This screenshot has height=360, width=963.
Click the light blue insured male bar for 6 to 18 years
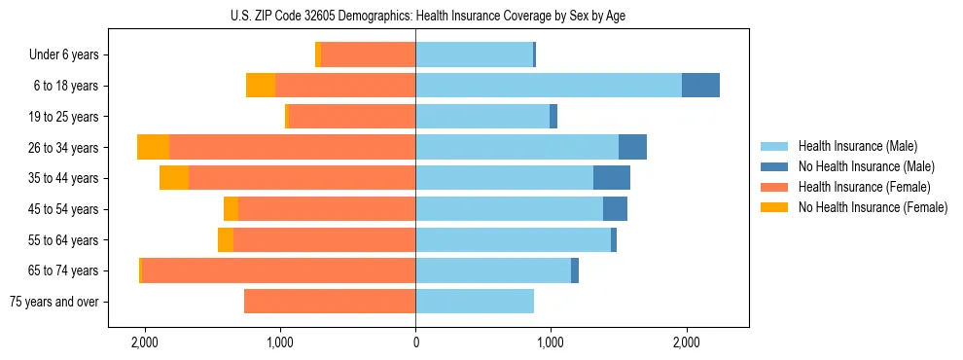click(549, 86)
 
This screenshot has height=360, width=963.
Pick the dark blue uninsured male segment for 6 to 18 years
click(700, 86)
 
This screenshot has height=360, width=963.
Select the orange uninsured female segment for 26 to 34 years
click(153, 147)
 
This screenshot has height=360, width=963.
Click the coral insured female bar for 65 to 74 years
click(278, 270)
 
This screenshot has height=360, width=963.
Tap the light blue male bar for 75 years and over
click(475, 302)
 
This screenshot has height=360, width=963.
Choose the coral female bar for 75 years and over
click(330, 302)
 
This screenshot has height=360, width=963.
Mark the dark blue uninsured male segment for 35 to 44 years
click(612, 178)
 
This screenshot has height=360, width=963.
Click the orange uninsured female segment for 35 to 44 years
click(174, 178)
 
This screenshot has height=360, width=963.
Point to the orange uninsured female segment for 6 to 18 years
click(261, 86)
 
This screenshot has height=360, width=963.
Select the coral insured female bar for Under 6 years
click(368, 54)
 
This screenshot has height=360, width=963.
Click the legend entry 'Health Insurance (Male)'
click(857, 146)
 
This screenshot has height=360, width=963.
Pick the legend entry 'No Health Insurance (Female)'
click(873, 207)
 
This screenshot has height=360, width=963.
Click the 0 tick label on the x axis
click(415, 342)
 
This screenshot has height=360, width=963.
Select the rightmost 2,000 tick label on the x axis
click(686, 342)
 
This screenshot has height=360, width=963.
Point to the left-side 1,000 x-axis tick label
click(280, 342)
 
